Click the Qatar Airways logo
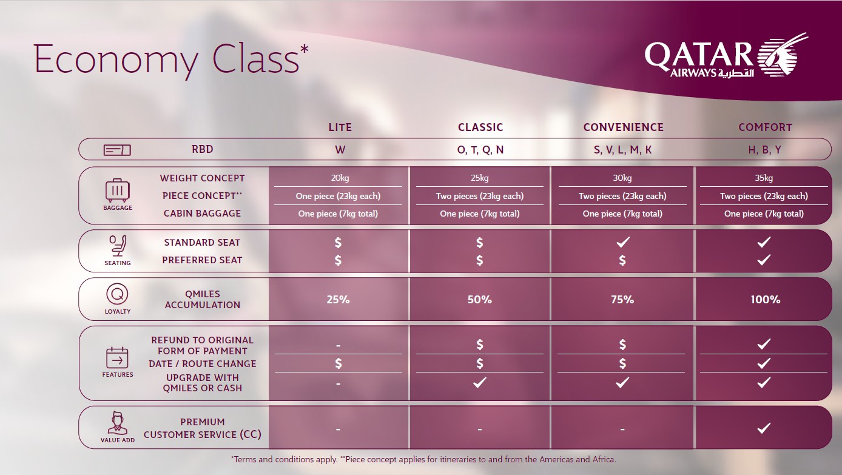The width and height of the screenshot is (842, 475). [726, 57]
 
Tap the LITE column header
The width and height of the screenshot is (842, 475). [340, 127]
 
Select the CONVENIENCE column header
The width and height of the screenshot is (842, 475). [623, 127]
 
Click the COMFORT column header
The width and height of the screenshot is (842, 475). [766, 127]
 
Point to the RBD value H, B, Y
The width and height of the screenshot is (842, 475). [764, 150]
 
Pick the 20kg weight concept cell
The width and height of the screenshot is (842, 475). [340, 178]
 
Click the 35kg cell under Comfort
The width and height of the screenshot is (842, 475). [764, 178]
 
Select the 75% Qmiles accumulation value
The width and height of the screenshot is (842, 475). [622, 300]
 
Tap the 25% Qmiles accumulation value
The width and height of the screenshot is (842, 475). [338, 300]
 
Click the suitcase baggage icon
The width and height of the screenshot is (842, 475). [117, 190]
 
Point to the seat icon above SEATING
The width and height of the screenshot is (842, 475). [118, 246]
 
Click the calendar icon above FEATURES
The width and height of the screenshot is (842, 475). [117, 358]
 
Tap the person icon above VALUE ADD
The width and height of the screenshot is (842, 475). [118, 423]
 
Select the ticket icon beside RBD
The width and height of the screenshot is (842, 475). [117, 150]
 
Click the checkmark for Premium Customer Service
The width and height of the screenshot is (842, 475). [764, 428]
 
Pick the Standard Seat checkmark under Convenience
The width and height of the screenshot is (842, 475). [622, 243]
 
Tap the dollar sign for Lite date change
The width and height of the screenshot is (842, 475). [338, 363]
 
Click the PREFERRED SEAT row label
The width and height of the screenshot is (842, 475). [202, 260]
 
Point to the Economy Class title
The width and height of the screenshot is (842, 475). [171, 59]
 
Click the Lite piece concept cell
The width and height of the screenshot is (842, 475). [338, 196]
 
